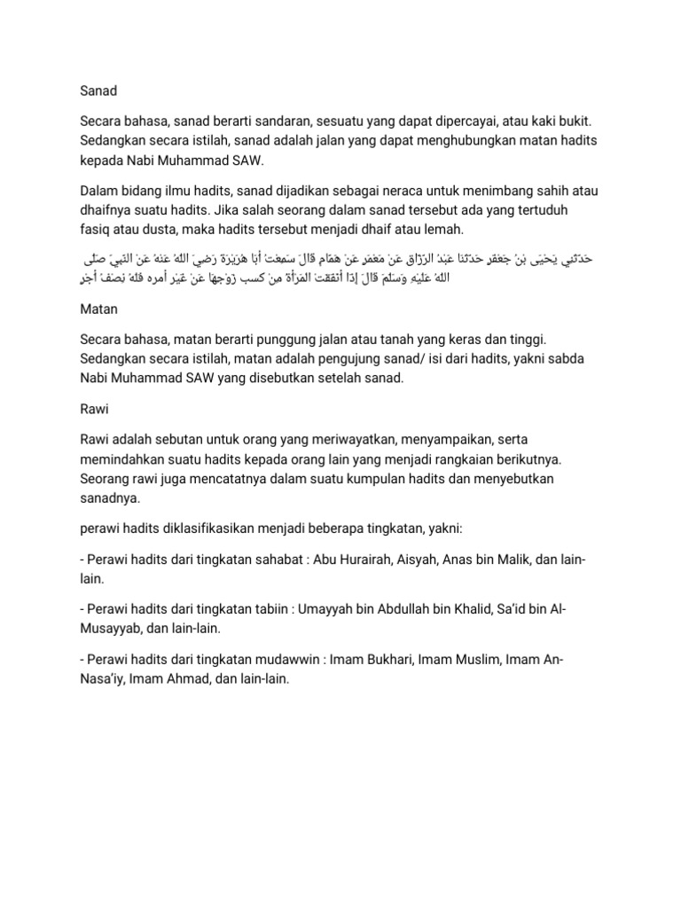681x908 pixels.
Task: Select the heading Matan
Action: pyautogui.click(x=98, y=311)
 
